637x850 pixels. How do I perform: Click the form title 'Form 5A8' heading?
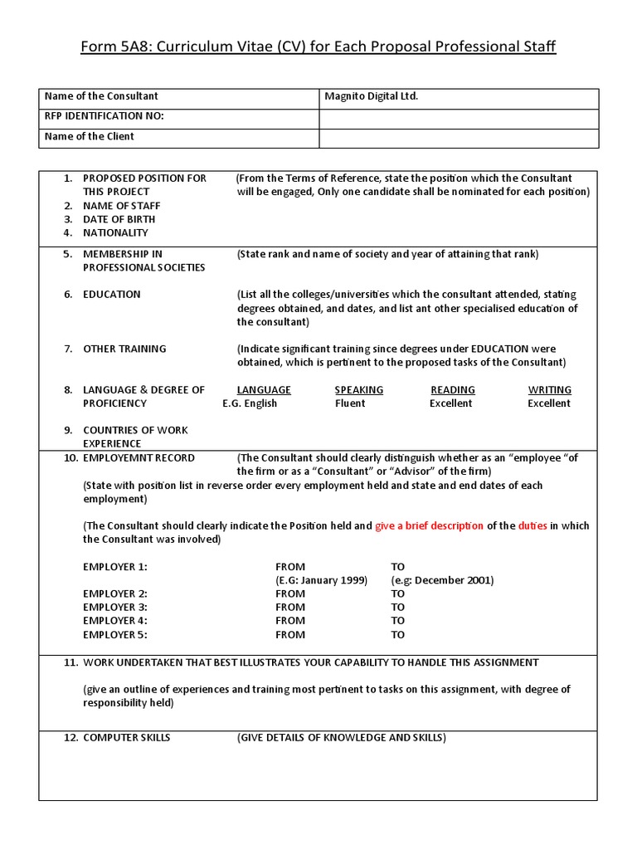pyautogui.click(x=318, y=46)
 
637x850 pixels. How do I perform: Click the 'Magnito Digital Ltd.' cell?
pyautogui.click(x=371, y=96)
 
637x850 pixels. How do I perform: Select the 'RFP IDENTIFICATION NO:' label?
pyautogui.click(x=104, y=116)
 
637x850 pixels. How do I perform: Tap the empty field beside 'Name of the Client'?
pyautogui.click(x=459, y=137)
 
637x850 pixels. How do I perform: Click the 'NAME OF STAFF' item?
pyautogui.click(x=121, y=206)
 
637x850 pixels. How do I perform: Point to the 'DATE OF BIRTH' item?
pyautogui.click(x=119, y=219)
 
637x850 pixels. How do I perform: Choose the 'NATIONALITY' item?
pyautogui.click(x=115, y=233)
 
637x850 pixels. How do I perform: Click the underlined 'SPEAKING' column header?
pyautogui.click(x=358, y=390)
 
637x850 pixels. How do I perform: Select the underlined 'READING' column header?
pyautogui.click(x=452, y=390)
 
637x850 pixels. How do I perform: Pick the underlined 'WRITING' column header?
pyautogui.click(x=549, y=390)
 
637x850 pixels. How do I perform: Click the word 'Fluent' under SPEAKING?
pyautogui.click(x=350, y=403)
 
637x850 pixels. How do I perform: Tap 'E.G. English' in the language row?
pyautogui.click(x=250, y=403)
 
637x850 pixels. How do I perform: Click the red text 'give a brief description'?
pyautogui.click(x=429, y=526)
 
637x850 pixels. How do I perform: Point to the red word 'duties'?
pyautogui.click(x=532, y=526)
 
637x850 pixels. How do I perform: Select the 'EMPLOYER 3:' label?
pyautogui.click(x=114, y=608)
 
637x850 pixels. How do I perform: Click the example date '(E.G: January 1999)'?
pyautogui.click(x=321, y=580)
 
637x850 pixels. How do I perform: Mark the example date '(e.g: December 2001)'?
pyautogui.click(x=442, y=580)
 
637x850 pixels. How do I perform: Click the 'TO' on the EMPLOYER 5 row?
pyautogui.click(x=398, y=635)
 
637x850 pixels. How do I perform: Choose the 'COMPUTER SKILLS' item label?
pyautogui.click(x=126, y=738)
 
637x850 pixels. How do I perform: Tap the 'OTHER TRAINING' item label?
pyautogui.click(x=124, y=349)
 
